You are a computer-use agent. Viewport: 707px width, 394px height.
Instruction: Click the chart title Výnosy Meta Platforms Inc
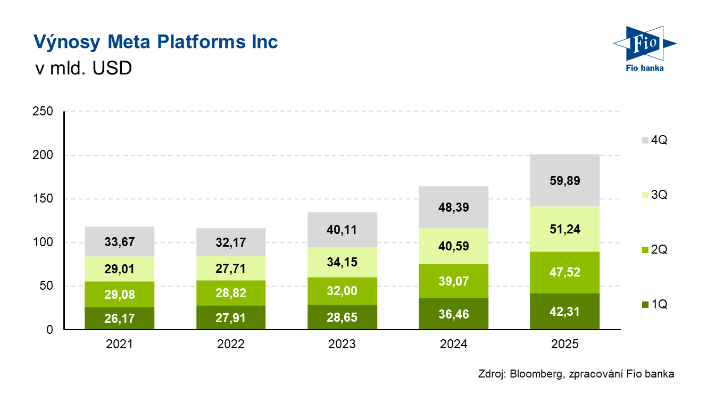point(155,41)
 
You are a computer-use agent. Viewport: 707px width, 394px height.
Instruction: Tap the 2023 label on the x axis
point(342,344)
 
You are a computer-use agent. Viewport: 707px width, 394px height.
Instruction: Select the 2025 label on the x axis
point(565,344)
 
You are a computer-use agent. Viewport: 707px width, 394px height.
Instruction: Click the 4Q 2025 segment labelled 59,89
point(565,180)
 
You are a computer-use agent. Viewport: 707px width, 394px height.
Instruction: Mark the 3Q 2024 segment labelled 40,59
point(453,246)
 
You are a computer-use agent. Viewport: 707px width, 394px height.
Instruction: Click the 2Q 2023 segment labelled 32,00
point(342,291)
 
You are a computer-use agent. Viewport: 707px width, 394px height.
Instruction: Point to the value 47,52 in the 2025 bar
point(565,273)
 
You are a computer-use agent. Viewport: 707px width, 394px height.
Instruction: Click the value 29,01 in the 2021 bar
point(119,269)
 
